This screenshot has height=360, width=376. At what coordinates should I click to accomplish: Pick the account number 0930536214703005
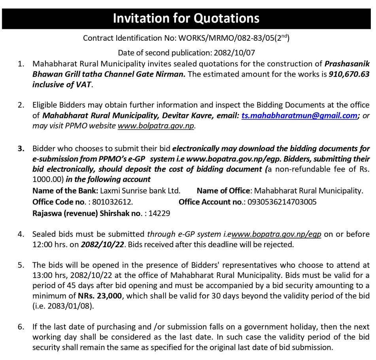click(x=282, y=201)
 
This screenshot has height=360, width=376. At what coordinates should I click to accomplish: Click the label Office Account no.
click(x=211, y=201)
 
